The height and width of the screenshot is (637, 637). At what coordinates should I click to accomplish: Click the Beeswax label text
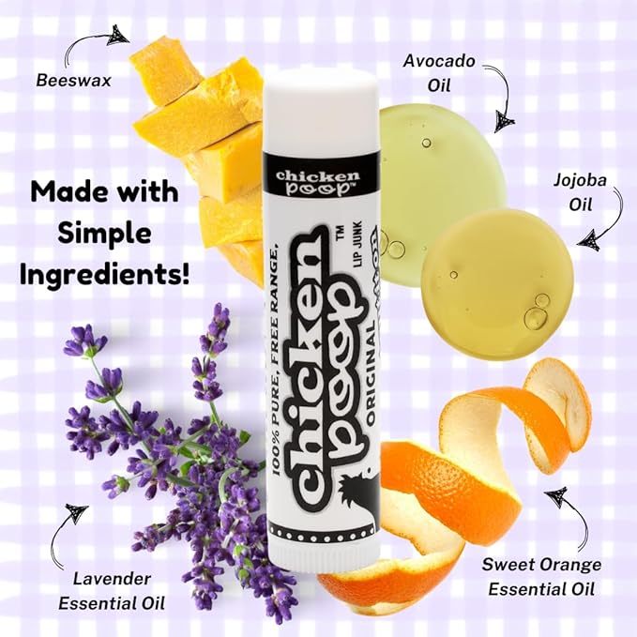tap(73, 80)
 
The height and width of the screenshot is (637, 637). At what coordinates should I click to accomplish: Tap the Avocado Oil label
tap(439, 73)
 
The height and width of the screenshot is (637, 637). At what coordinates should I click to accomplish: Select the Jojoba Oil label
tap(580, 192)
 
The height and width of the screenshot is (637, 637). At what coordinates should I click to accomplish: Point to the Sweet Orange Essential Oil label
tap(541, 576)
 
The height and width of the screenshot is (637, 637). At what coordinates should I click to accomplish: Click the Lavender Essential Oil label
tap(112, 591)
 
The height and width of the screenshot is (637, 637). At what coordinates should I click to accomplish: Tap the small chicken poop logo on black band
tap(318, 181)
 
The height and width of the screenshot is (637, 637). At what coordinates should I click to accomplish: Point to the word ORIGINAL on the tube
tap(371, 377)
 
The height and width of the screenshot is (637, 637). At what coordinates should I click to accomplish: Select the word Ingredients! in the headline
tap(104, 275)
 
